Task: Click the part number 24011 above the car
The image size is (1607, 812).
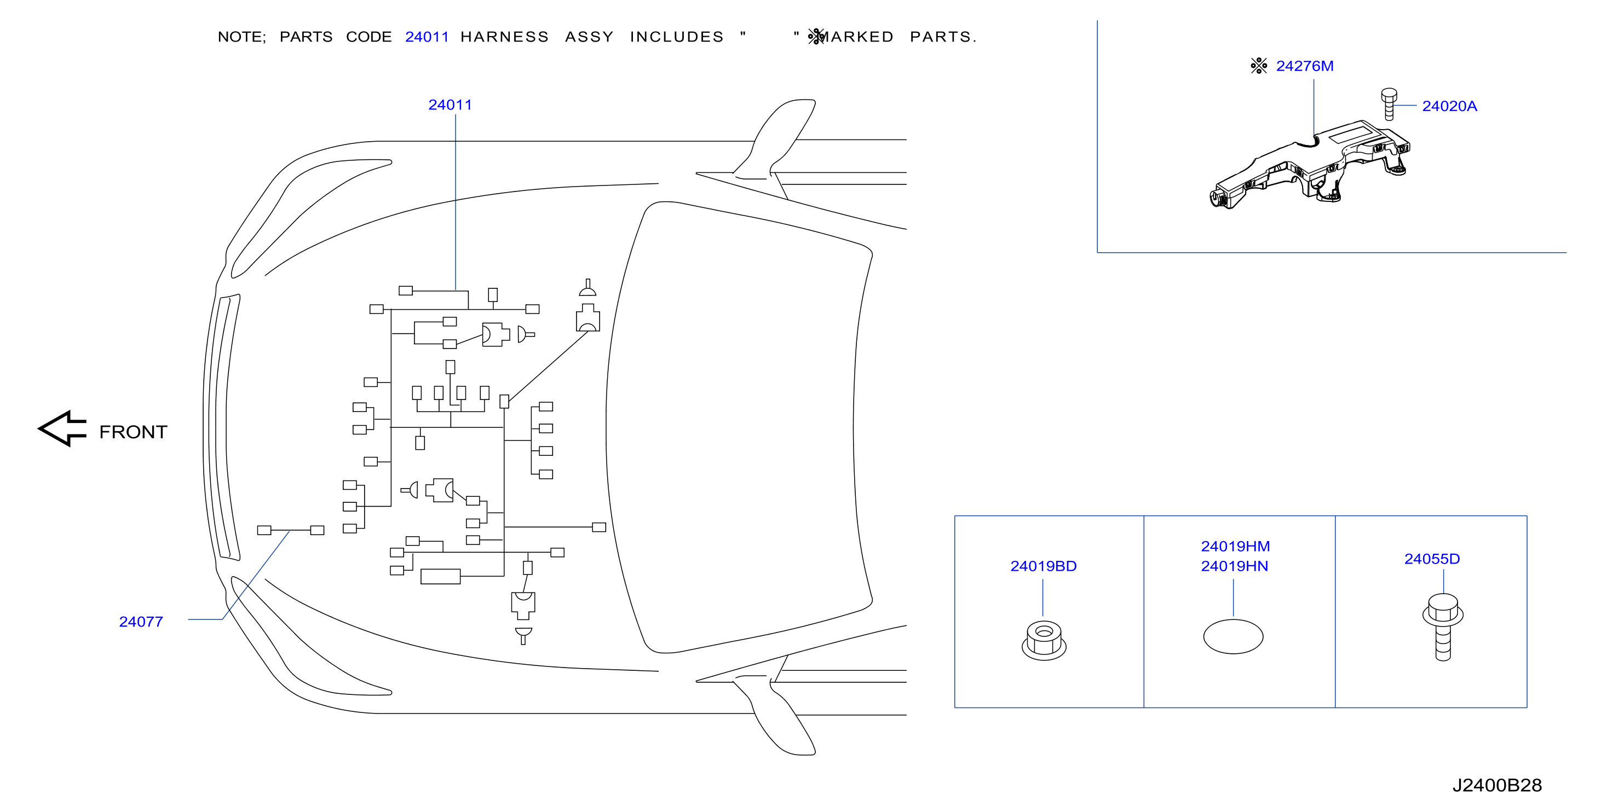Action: (450, 105)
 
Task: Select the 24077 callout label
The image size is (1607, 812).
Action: (141, 622)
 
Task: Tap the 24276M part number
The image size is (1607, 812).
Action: (1304, 66)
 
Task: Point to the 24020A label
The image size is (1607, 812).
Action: (1449, 106)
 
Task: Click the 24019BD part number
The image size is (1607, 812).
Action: (1043, 566)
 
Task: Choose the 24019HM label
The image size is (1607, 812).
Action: (1235, 546)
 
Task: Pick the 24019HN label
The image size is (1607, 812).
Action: (1234, 566)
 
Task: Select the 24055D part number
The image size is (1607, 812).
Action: (1432, 559)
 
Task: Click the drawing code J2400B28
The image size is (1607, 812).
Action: (1496, 785)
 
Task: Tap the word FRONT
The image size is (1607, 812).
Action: (133, 432)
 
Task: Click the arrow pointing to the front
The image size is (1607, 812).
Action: (62, 428)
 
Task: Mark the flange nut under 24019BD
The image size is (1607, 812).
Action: (1044, 641)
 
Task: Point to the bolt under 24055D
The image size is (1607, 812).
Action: (1442, 627)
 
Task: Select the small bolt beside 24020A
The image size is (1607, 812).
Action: (1389, 104)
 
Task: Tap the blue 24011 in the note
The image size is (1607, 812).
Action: (427, 37)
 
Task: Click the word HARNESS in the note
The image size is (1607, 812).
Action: (504, 37)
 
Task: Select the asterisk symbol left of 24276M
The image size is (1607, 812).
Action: (1259, 66)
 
